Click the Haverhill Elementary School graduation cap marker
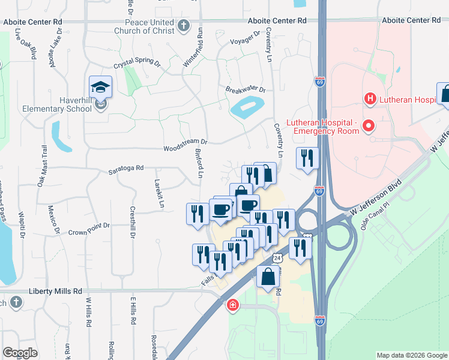(101, 86)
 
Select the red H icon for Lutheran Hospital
(370, 98)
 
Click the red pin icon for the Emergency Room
(369, 126)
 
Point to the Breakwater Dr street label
(246, 90)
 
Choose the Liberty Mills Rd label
(55, 291)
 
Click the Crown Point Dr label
(89, 227)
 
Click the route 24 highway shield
(277, 257)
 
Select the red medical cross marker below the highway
(232, 306)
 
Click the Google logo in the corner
(20, 353)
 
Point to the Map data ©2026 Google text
(411, 355)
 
